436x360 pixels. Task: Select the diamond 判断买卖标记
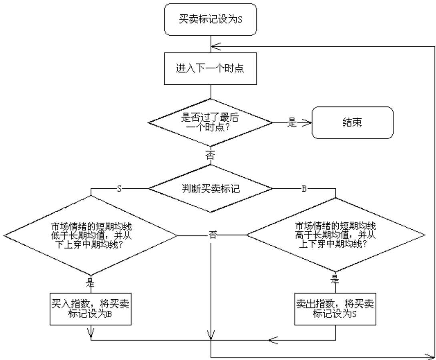pyautogui.click(x=211, y=188)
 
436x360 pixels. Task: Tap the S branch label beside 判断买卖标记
pyautogui.click(x=119, y=188)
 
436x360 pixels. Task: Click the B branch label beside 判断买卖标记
pyautogui.click(x=304, y=188)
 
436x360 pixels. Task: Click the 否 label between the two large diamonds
pyautogui.click(x=212, y=236)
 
